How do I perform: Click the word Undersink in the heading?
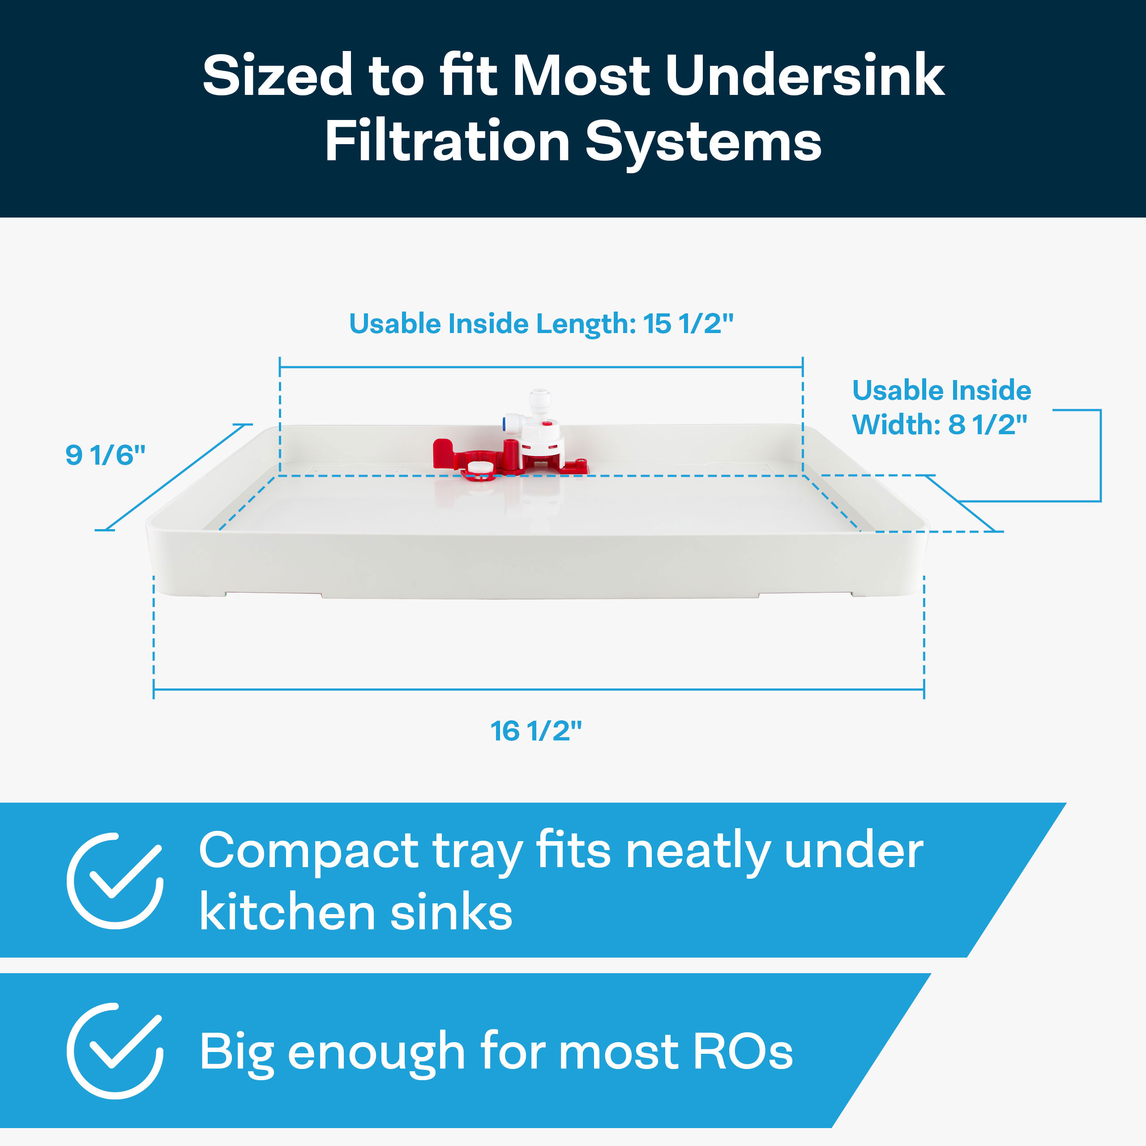tap(805, 75)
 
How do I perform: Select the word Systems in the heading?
tap(704, 145)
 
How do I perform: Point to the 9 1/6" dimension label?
tap(106, 455)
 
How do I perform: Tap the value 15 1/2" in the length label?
tap(688, 324)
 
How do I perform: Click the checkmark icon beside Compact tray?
tap(115, 881)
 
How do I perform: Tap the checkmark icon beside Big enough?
tap(115, 1051)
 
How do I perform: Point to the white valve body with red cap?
tap(542, 439)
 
